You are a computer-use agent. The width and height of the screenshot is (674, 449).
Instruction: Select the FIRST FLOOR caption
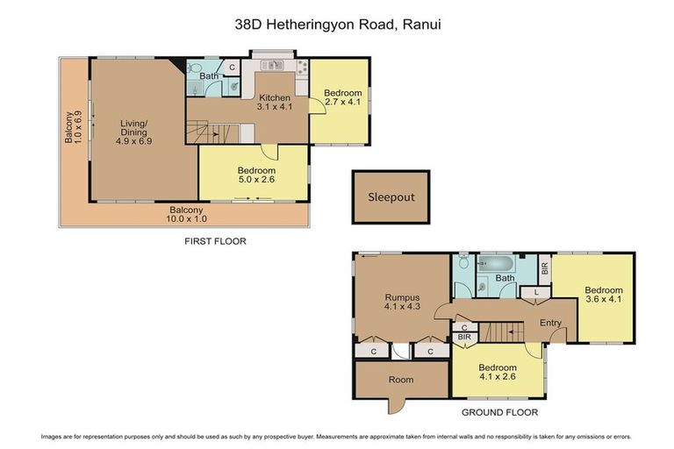pyautogui.click(x=214, y=240)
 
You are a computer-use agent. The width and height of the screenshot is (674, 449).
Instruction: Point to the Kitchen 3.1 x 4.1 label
pyautogui.click(x=274, y=102)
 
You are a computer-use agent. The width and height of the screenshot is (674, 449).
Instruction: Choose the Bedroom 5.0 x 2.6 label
pyautogui.click(x=256, y=175)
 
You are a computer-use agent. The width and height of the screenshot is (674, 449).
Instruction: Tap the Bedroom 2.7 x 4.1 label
pyautogui.click(x=342, y=97)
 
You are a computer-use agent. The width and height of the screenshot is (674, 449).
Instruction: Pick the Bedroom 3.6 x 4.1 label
pyautogui.click(x=604, y=296)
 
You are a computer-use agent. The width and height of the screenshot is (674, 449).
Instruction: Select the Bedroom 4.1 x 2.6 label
pyautogui.click(x=497, y=373)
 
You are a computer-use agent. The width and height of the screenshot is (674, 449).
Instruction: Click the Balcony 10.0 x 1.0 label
pyautogui.click(x=186, y=215)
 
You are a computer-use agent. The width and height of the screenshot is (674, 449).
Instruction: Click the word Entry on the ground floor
pyautogui.click(x=550, y=323)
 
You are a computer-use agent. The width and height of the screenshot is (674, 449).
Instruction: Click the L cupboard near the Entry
pyautogui.click(x=536, y=292)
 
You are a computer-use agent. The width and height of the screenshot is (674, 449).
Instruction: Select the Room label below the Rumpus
pyautogui.click(x=401, y=380)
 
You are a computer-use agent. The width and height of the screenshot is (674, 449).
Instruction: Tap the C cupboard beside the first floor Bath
pyautogui.click(x=232, y=67)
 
